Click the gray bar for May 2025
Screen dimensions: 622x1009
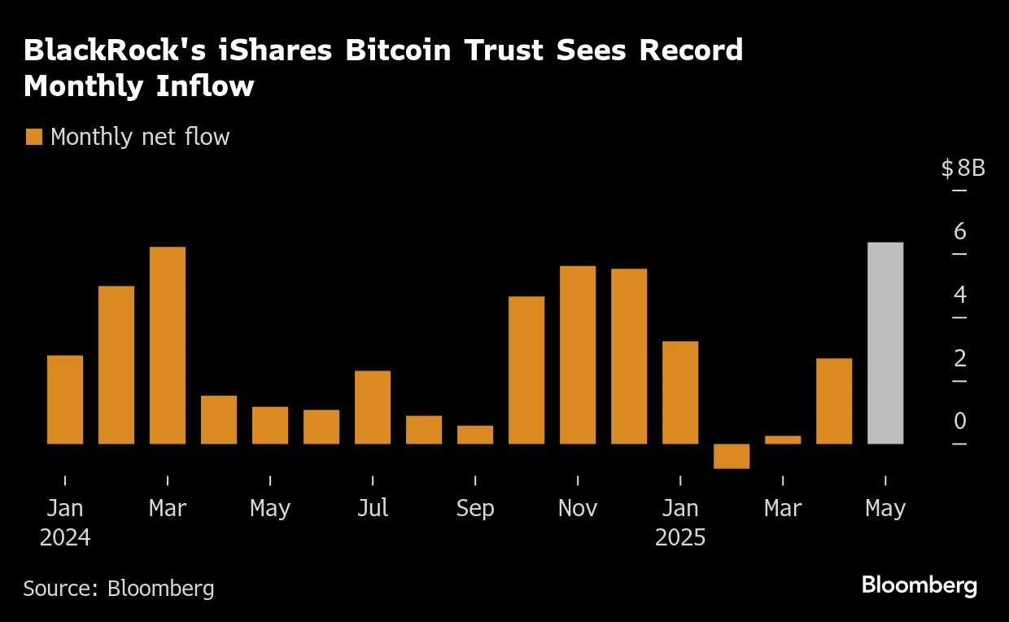885,343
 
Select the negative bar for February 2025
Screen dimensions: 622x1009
732,456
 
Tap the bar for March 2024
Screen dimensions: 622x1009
168,345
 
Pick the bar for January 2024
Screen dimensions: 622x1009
65,399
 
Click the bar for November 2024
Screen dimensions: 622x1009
578,355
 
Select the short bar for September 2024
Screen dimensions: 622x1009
475,435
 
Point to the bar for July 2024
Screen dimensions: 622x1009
373,407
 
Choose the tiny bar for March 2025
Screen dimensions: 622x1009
783,440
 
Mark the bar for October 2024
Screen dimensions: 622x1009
526,370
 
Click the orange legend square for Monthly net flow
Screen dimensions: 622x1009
34,137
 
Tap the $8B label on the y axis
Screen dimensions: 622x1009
963,169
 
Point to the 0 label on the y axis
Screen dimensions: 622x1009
959,421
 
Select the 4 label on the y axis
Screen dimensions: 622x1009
959,295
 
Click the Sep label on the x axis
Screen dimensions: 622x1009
475,509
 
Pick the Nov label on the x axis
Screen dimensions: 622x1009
578,509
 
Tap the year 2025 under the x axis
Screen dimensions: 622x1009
680,538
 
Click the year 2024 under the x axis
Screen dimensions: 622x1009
65,538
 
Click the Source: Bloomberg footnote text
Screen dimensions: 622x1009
119,588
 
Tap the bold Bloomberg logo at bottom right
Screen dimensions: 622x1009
919,585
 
